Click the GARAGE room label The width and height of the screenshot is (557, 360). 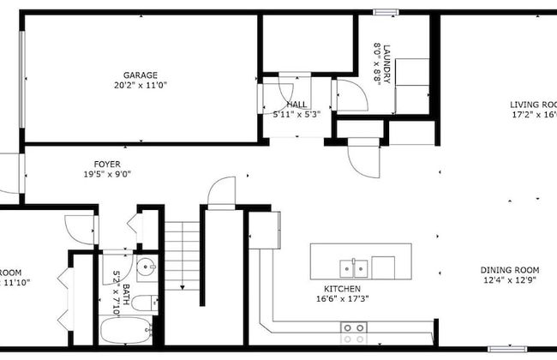pos(140,75)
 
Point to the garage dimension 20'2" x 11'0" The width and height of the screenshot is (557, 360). pos(140,86)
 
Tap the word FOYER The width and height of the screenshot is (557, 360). pos(107,164)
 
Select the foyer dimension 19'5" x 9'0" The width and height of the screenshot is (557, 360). pos(107,174)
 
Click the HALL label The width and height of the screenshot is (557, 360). pos(296,104)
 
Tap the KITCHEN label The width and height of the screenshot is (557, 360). pos(342,289)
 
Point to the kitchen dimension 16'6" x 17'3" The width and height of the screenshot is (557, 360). pos(342,299)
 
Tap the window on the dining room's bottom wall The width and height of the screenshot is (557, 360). pos(506,349)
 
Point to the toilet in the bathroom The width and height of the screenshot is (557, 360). pos(149,302)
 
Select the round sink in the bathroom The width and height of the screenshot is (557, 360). pos(146,265)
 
